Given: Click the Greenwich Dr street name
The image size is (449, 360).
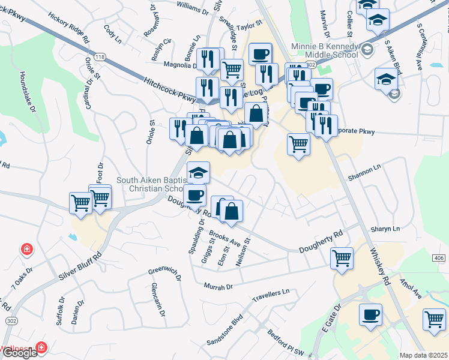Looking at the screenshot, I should point(164,274).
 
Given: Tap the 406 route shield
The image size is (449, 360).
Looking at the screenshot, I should point(439,257).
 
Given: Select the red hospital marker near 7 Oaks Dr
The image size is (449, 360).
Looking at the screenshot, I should point(26,249).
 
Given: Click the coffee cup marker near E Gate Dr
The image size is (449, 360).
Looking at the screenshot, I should point(370,314).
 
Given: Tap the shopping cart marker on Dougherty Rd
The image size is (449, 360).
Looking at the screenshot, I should point(342,259).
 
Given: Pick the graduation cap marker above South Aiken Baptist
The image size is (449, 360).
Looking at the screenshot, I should point(199,173).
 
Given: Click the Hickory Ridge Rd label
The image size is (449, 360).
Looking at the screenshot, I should point(68,29).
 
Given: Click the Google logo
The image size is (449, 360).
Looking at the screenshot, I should point(20,353).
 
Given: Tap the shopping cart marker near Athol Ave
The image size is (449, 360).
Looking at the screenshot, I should point(434,319).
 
